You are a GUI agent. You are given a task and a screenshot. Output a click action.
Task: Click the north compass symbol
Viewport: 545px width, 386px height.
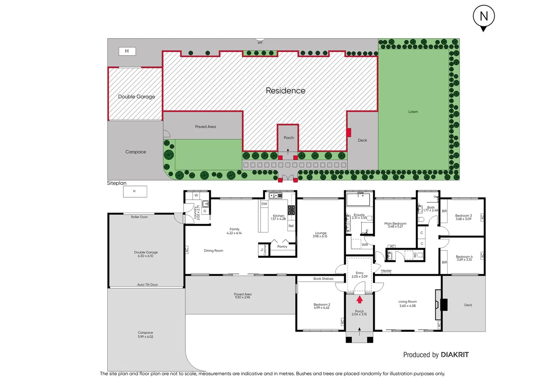(483, 17)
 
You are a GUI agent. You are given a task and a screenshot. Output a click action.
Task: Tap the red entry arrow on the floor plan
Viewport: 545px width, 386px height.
(360, 300)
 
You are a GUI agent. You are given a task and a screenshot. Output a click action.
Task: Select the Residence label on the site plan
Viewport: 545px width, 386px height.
(285, 91)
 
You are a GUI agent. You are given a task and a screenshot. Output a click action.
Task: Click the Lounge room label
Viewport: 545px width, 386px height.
(320, 233)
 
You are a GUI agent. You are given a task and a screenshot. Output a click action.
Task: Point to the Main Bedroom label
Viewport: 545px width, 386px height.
(395, 223)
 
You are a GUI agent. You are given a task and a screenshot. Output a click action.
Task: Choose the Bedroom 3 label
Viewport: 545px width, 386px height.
(463, 216)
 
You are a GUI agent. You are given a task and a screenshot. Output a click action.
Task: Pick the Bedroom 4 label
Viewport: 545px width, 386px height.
(464, 257)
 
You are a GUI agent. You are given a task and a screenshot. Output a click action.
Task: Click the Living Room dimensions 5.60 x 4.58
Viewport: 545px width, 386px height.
(407, 306)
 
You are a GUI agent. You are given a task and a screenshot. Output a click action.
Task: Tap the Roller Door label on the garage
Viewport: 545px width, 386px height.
(139, 217)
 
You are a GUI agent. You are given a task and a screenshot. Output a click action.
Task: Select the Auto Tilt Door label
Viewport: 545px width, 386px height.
(147, 285)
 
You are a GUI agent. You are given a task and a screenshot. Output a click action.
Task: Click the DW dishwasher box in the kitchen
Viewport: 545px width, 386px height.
(264, 204)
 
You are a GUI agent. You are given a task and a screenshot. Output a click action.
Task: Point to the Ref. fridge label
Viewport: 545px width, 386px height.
(291, 226)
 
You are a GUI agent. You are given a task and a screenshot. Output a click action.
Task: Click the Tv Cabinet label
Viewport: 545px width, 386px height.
(263, 249)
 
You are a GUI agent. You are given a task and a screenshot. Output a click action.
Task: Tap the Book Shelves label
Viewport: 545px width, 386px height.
(323, 279)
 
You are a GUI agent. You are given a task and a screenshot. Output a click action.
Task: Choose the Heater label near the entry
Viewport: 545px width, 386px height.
(386, 271)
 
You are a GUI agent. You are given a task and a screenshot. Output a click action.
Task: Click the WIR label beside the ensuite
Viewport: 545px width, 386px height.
(365, 245)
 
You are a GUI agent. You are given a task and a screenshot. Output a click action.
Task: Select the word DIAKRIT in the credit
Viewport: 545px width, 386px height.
(455, 355)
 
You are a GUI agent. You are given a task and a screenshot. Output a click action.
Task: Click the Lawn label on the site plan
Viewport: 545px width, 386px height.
(413, 112)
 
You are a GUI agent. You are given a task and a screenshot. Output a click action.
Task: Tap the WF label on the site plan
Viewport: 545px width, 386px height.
(260, 43)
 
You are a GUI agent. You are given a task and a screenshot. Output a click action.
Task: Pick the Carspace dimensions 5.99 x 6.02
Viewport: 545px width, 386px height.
(146, 337)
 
